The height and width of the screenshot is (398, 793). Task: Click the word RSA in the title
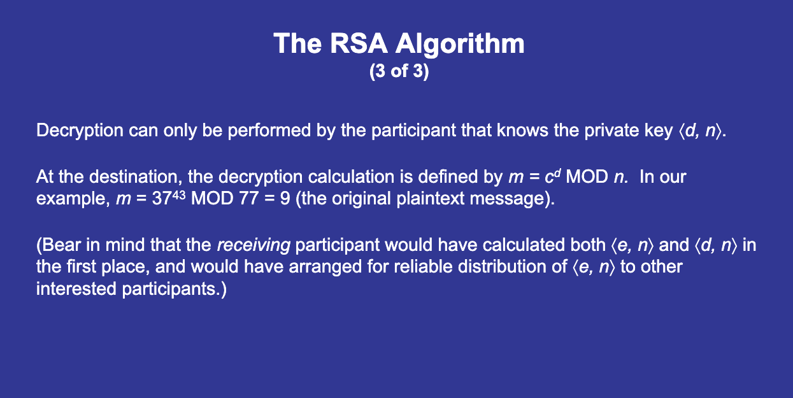[358, 43]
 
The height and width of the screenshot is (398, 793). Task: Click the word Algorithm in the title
[459, 45]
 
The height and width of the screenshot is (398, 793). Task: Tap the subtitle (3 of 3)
[399, 71]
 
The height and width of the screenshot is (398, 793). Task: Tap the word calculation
[351, 176]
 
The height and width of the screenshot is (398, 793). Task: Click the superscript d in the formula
[557, 173]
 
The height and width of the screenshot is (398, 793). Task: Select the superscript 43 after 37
[179, 195]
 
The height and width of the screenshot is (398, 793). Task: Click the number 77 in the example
[249, 198]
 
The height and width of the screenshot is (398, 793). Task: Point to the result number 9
[285, 198]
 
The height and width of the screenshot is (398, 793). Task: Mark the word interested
[76, 289]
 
